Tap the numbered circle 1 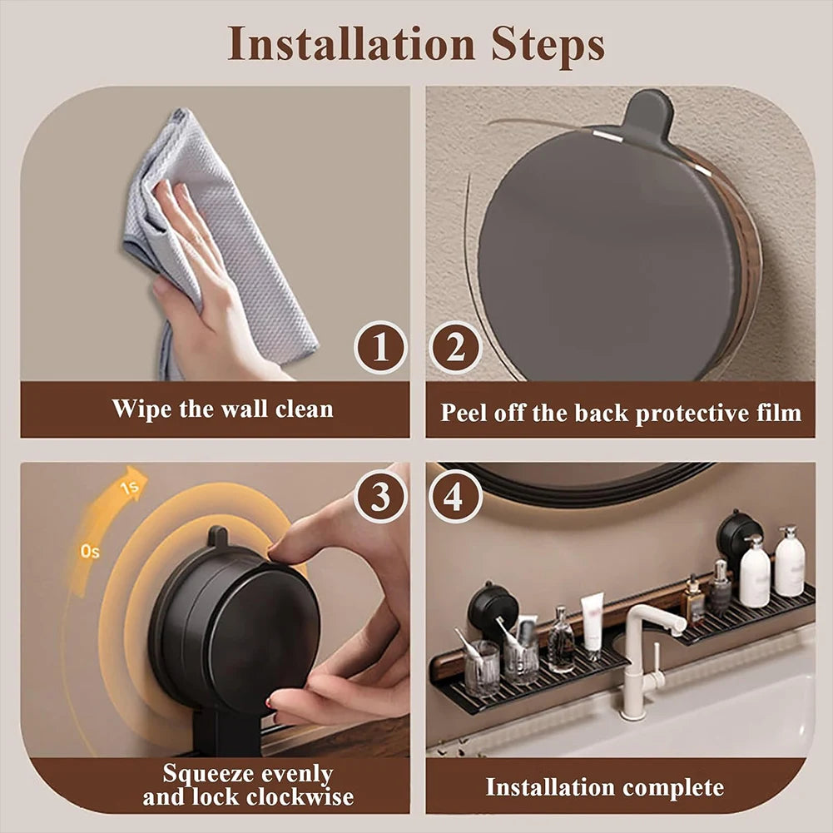point(380,347)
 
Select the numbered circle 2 point(455,347)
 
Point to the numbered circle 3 point(380,497)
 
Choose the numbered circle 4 point(455,497)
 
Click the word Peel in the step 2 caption point(463,413)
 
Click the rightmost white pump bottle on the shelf point(789,563)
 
